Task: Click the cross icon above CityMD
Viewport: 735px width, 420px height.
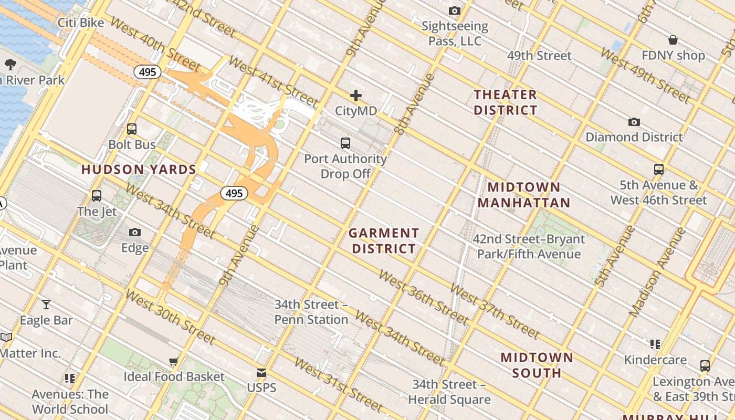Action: coord(356,96)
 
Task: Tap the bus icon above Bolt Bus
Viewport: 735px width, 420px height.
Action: coord(132,129)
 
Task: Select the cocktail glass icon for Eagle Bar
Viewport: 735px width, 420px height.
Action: coord(46,304)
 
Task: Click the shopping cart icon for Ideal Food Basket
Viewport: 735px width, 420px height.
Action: coord(174,361)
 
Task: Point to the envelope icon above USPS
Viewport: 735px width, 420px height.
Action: coord(261,373)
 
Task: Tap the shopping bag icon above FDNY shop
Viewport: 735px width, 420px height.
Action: coord(673,40)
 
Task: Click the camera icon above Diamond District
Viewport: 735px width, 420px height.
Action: coord(634,122)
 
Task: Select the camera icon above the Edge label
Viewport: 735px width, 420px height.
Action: coord(135,232)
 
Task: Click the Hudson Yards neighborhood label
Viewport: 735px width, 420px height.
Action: coord(139,170)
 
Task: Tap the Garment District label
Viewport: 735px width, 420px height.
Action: coord(384,240)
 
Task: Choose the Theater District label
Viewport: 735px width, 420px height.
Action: coord(506,102)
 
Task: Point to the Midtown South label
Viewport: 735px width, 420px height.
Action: coord(537,365)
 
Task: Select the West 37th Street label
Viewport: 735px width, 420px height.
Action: coord(495,312)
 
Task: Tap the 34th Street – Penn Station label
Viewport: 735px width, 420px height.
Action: coord(311,312)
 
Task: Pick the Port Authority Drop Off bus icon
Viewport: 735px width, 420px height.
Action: coord(345,143)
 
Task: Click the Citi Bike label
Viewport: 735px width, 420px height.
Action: coord(81,23)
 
